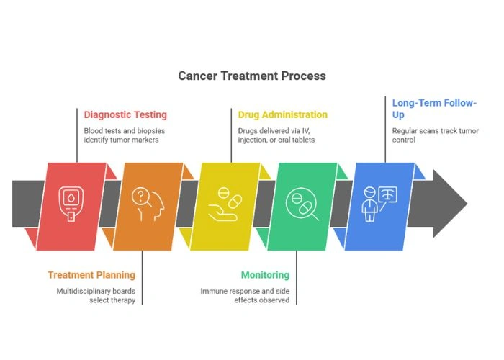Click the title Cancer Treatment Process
[252, 76]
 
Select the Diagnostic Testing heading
[125, 114]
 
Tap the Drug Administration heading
[282, 114]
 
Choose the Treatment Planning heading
[91, 275]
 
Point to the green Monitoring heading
[265, 275]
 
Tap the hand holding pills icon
[225, 204]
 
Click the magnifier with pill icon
[302, 204]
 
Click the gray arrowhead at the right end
[450, 204]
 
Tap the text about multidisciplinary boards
[96, 296]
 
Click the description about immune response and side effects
[245, 296]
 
